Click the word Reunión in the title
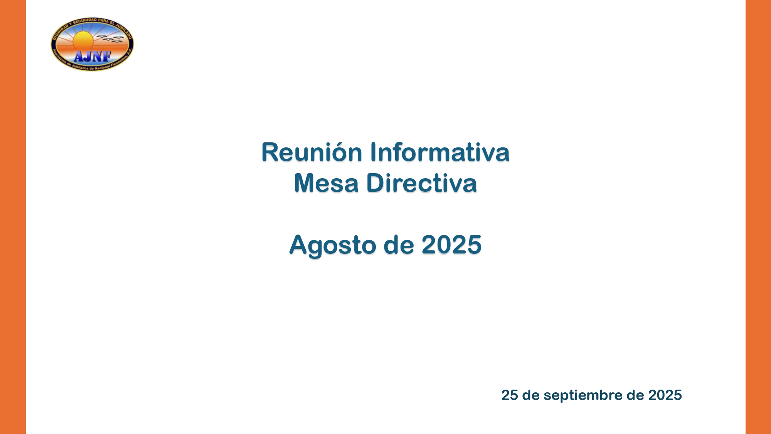(x=311, y=152)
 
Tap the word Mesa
(x=326, y=183)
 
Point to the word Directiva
(x=421, y=183)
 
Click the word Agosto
(x=333, y=245)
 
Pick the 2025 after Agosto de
(x=451, y=245)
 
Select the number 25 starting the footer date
(x=510, y=395)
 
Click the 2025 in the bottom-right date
(x=665, y=395)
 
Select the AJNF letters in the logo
(x=93, y=57)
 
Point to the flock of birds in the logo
(x=110, y=39)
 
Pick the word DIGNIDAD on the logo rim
(x=60, y=31)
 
